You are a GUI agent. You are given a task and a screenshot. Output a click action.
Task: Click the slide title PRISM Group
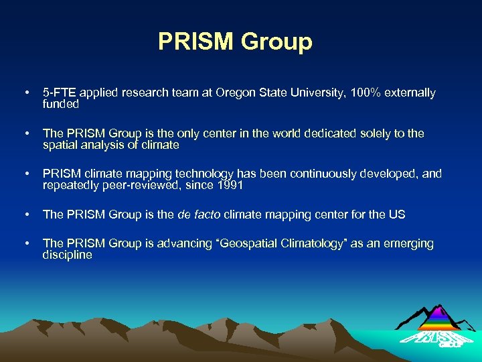tap(235, 42)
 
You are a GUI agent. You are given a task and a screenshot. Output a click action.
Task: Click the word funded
tap(61, 105)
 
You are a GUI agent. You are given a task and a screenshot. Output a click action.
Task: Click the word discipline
tap(67, 255)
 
